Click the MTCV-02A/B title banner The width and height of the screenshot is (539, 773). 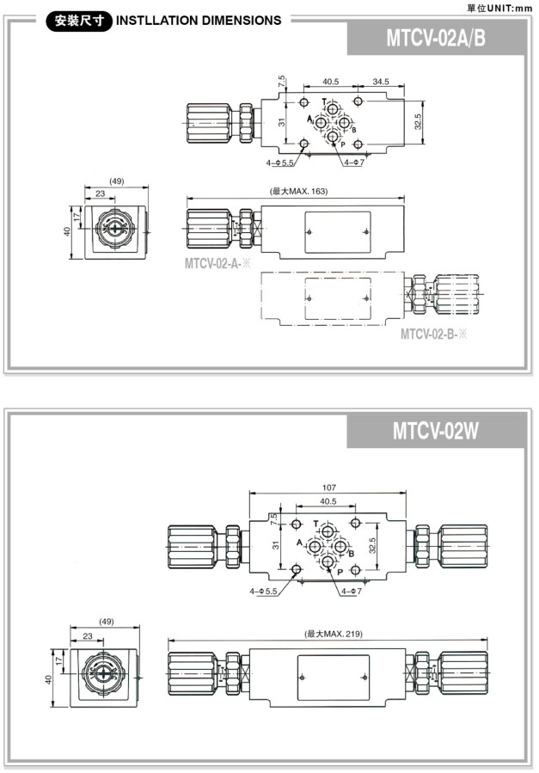(436, 38)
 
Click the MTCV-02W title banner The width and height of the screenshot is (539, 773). (436, 430)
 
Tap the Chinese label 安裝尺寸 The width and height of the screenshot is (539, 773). (78, 21)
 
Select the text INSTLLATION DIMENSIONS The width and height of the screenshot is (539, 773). (198, 21)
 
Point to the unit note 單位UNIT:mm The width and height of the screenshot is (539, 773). (499, 7)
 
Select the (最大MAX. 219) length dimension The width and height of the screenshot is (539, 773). (334, 634)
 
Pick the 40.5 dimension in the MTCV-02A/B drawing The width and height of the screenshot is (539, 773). (330, 83)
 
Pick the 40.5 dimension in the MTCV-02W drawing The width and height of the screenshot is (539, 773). (327, 500)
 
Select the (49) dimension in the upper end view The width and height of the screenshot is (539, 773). (116, 181)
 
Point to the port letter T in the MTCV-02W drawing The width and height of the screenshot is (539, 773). (315, 524)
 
